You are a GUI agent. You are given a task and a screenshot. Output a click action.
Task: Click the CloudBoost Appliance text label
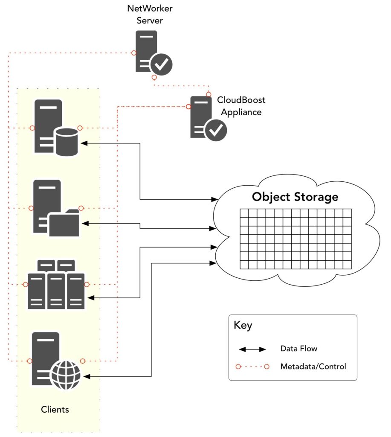tap(241, 106)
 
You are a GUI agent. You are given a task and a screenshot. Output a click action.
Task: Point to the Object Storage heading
tap(295, 197)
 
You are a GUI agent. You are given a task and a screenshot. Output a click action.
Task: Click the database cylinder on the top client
tap(67, 142)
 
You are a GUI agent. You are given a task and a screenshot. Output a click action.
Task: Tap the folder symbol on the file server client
tap(64, 223)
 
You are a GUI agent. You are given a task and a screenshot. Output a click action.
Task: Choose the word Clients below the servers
tap(55, 410)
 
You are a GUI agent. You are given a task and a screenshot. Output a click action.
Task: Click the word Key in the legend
tap(243, 326)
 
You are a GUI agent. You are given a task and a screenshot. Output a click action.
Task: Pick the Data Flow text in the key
tap(298, 349)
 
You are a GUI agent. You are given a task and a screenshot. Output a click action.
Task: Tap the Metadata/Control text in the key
tap(313, 366)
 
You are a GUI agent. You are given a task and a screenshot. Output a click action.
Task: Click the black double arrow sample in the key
tap(252, 349)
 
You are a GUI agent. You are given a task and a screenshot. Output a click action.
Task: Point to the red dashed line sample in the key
tap(253, 367)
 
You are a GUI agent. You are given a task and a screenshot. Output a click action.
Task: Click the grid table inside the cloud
tap(295, 239)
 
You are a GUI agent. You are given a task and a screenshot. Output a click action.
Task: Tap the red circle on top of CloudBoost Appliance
tap(209, 94)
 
